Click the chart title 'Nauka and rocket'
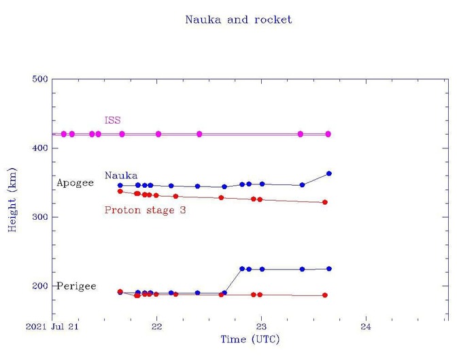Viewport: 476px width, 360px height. pos(238,19)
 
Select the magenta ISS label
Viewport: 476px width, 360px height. pos(112,120)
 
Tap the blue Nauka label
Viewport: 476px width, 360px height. pos(121,175)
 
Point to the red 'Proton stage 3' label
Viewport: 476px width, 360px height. pos(145,210)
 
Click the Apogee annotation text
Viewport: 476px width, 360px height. pos(75,183)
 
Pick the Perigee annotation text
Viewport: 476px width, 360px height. pos(76,286)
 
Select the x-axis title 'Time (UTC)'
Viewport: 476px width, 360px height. pos(250,339)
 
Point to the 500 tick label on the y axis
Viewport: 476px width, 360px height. pos(39,80)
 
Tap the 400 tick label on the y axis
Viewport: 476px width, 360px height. pos(39,148)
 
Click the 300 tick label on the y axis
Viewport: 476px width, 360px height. pos(39,217)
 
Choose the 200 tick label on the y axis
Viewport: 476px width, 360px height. pos(39,286)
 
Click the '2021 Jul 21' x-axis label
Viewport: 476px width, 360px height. pos(53,327)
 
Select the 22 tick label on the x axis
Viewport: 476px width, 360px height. pos(157,327)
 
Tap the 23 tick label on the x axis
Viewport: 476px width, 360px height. pos(262,327)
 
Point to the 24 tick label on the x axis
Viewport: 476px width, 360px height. pos(366,327)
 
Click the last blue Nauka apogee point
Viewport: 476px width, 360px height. pos(329,174)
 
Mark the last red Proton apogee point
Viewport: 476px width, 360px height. pos(325,202)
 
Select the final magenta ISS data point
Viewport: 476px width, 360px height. pos(328,134)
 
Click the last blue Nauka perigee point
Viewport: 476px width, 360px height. pos(329,269)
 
